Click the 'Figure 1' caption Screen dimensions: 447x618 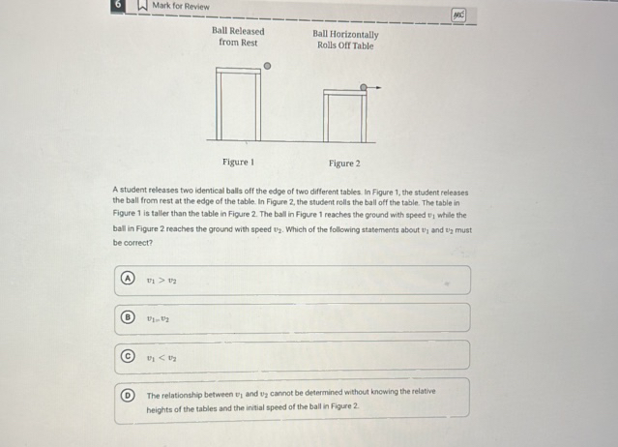[x=237, y=163]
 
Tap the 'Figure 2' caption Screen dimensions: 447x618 [x=344, y=164]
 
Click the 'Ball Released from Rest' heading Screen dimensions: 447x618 [x=238, y=37]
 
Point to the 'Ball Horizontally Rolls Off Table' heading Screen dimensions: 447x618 [x=345, y=40]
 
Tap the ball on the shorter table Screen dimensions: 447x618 [x=364, y=86]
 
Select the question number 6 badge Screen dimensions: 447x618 [x=117, y=5]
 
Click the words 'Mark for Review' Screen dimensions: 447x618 [x=181, y=7]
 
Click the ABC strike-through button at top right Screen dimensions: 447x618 [x=459, y=16]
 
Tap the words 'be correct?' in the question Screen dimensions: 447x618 [x=132, y=242]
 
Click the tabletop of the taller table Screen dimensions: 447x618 [x=238, y=71]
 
